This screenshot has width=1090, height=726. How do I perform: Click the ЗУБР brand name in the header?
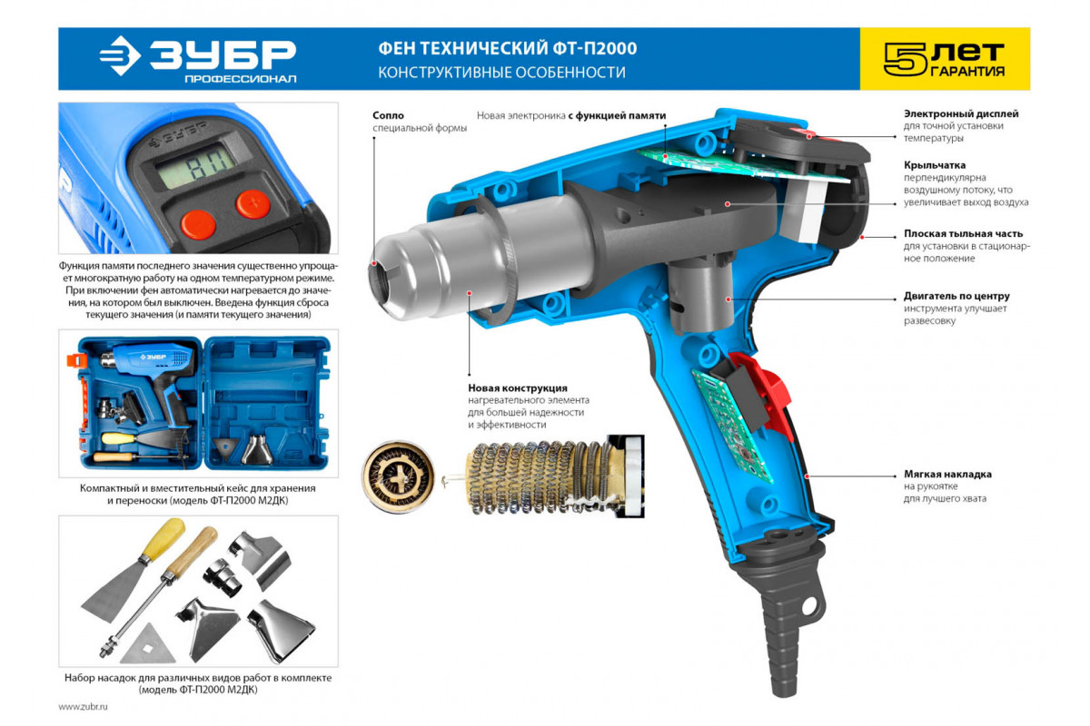click(223, 54)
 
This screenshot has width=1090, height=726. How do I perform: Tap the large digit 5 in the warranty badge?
click(906, 59)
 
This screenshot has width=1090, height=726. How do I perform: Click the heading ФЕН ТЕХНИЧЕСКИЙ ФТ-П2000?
click(508, 48)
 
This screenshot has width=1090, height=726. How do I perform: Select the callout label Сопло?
click(389, 115)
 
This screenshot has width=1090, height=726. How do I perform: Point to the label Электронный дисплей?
click(961, 113)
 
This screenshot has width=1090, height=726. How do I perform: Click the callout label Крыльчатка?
click(935, 165)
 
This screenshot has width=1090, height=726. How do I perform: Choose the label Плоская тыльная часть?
click(964, 234)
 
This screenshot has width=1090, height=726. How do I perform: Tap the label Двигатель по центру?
click(956, 296)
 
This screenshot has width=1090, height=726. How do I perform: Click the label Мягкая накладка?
click(947, 474)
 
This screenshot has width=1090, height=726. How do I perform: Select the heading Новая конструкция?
click(518, 388)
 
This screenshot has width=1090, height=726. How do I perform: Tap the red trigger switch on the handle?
click(762, 394)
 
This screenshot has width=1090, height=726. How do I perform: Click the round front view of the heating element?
click(399, 476)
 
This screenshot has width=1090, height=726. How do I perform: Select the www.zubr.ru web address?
click(83, 707)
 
